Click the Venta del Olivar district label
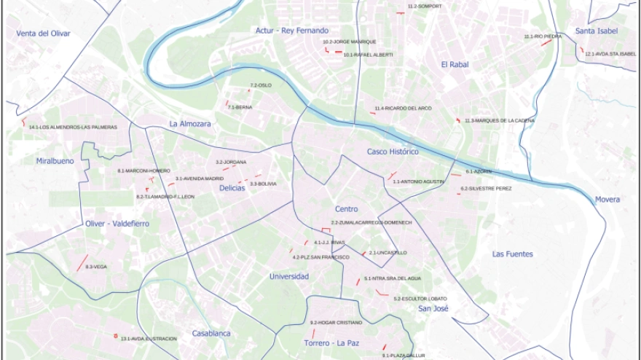tap(44, 33)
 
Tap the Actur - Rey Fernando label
tap(292, 31)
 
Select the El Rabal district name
tap(455, 65)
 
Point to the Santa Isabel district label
tap(596, 31)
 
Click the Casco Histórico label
tap(393, 152)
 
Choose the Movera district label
tap(607, 199)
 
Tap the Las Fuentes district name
tap(512, 254)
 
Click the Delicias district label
tap(232, 188)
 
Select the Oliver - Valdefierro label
tap(117, 224)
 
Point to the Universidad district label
tap(289, 276)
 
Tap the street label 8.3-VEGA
tap(96, 267)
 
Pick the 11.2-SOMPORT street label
tap(424, 7)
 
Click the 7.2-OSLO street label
tap(261, 85)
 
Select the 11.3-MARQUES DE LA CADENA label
tap(500, 120)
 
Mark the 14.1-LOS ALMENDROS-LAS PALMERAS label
tap(73, 128)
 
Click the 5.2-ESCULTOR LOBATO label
tap(420, 299)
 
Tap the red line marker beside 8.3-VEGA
tap(82, 262)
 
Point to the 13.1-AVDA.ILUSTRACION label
tap(149, 339)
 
